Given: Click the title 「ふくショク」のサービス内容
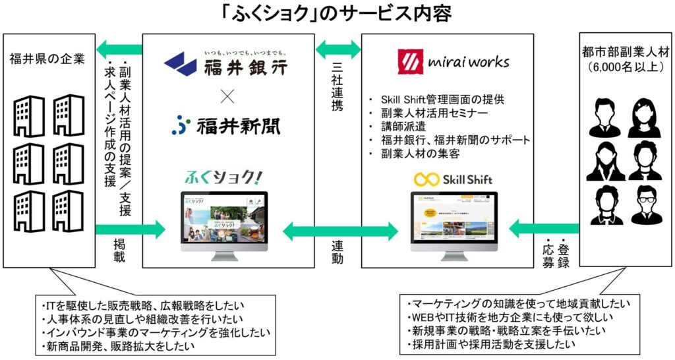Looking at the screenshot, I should point(337,14).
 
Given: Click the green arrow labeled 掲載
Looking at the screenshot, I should point(129,229).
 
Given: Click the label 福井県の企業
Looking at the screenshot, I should point(47,59).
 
